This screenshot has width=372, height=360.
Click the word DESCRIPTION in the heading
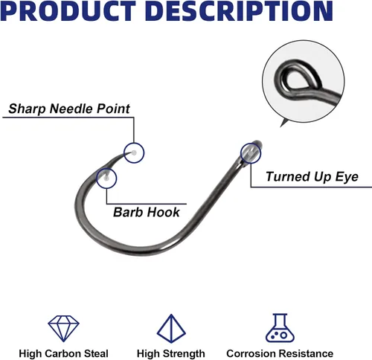click(x=239, y=11)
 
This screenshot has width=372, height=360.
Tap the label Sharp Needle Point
click(x=69, y=109)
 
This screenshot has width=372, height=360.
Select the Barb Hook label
click(x=147, y=212)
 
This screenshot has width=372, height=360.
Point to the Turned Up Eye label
click(x=312, y=177)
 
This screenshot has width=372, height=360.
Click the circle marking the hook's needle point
click(x=134, y=143)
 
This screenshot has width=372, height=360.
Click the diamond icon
click(x=63, y=328)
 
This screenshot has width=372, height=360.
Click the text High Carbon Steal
click(x=63, y=353)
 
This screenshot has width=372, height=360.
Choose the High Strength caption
click(x=171, y=353)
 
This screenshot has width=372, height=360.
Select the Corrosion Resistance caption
click(x=280, y=353)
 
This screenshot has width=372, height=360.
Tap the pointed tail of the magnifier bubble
click(x=281, y=126)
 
